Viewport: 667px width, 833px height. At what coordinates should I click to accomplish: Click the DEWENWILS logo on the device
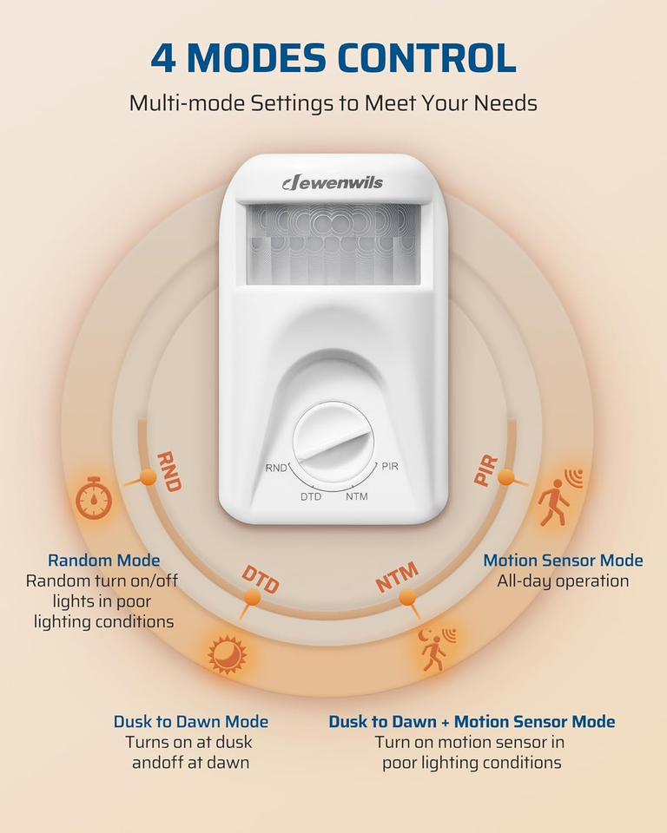tap(333, 182)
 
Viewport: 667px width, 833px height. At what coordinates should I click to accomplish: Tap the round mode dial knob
tap(333, 445)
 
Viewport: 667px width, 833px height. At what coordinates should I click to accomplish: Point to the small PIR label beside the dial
tap(390, 466)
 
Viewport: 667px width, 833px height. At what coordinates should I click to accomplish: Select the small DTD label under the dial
tap(312, 496)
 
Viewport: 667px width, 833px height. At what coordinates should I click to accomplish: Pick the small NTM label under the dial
tap(356, 496)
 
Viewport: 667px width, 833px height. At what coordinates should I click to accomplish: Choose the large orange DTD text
tap(260, 579)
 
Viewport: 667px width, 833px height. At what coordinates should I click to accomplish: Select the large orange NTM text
tap(397, 577)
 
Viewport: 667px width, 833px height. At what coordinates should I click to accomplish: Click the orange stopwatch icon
tap(92, 499)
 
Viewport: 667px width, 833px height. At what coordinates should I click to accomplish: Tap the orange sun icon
tap(228, 653)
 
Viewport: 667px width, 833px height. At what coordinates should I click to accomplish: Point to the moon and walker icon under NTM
tap(434, 649)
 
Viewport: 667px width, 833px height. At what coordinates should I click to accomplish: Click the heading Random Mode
tap(103, 561)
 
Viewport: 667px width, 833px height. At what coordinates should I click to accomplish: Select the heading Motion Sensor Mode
tap(563, 561)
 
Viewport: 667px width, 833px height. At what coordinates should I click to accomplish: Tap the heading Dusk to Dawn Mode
tap(190, 722)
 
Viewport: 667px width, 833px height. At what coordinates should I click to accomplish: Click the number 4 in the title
tap(163, 57)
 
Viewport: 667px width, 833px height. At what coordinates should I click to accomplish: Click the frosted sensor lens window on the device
tap(333, 244)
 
